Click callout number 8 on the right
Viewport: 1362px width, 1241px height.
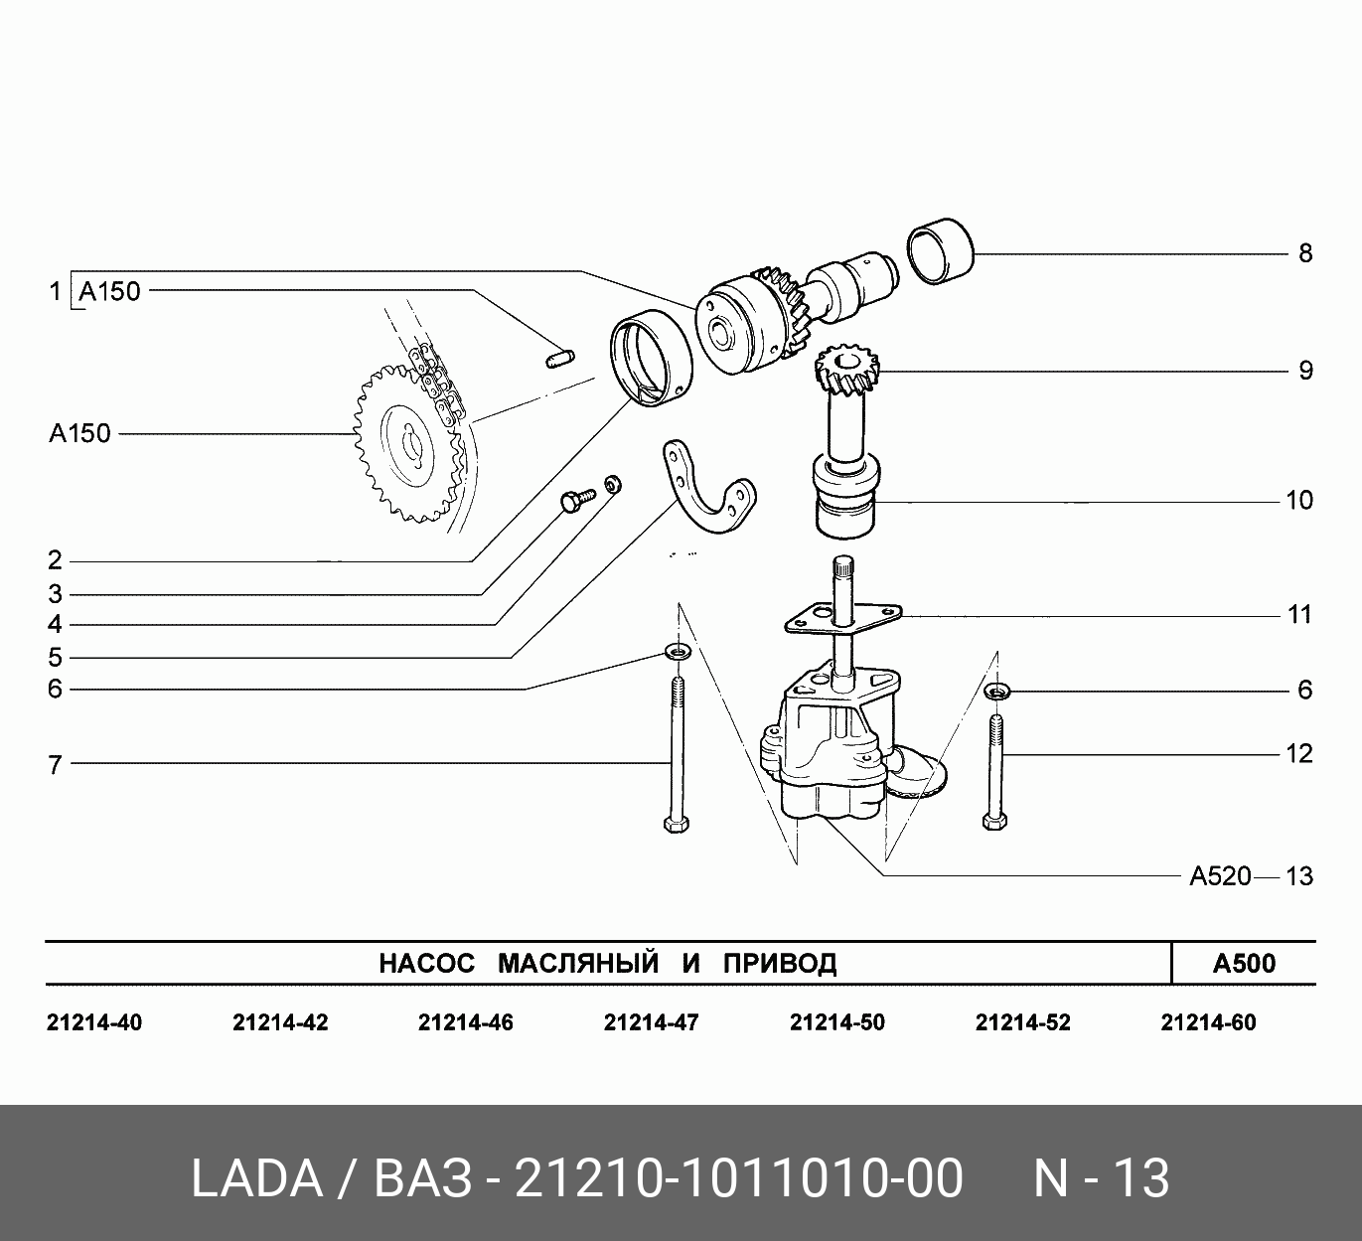click(1305, 253)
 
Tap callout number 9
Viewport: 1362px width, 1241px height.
click(1305, 371)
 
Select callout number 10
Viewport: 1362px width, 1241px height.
click(1299, 501)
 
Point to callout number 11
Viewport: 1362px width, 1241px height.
click(1299, 615)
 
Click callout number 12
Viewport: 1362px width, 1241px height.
click(1299, 753)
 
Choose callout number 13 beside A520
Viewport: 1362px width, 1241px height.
click(1299, 876)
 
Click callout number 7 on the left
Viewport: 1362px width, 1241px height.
click(55, 765)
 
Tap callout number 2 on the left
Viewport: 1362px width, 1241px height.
click(55, 560)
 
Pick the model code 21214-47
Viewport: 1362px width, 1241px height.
click(651, 1022)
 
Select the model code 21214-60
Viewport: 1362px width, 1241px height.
click(1209, 1022)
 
